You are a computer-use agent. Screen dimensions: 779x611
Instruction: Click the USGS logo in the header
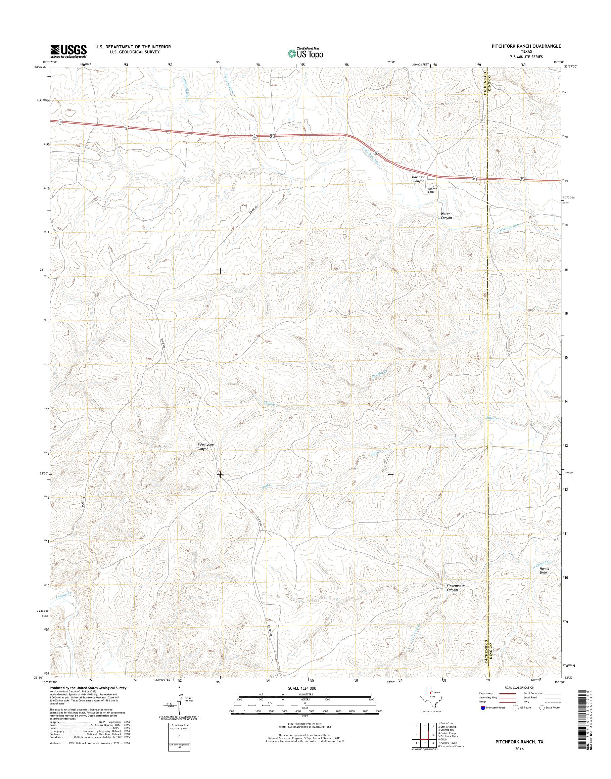tap(68, 51)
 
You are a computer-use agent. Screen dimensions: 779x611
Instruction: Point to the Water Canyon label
tap(446, 216)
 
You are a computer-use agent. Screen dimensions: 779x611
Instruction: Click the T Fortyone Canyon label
tap(206, 446)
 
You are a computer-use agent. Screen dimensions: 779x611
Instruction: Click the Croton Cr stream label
tap(64, 596)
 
